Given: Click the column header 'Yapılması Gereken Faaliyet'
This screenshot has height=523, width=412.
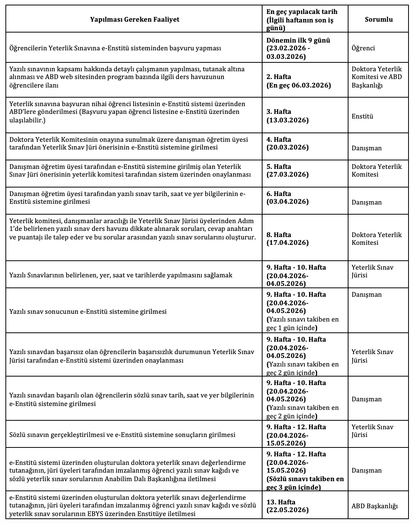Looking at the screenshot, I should tap(134, 19).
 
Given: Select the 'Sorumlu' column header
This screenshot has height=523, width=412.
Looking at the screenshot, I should tap(378, 19).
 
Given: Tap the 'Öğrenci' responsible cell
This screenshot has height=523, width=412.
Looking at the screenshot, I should tap(363, 48).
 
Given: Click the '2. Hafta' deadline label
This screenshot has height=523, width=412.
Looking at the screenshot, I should tap(279, 77).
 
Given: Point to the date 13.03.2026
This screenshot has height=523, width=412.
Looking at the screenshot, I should tap(287, 120).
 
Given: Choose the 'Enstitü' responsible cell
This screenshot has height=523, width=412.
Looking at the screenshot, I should tap(362, 116).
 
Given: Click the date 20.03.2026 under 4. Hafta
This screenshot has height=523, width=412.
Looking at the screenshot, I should tap(287, 147).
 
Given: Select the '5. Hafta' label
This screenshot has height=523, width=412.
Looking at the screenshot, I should tap(279, 167).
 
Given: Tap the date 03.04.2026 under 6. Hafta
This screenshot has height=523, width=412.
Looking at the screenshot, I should tap(287, 201).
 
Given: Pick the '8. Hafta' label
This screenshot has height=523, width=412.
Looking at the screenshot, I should tap(279, 235).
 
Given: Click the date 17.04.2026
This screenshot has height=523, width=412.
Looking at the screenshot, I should tap(287, 243).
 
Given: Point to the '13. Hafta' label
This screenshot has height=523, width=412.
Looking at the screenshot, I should tap(281, 502).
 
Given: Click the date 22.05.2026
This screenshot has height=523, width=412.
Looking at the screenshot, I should tap(287, 510).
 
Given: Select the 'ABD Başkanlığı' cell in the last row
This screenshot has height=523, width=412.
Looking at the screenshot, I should tap(374, 506).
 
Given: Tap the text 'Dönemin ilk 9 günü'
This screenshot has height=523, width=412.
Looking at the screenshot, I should tap(298, 40).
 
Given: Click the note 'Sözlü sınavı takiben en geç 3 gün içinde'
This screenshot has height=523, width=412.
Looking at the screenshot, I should tap(305, 483).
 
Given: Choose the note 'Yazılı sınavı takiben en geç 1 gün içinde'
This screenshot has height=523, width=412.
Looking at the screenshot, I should tap(302, 323).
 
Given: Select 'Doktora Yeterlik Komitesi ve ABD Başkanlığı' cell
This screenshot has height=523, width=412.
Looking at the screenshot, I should tap(376, 77).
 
